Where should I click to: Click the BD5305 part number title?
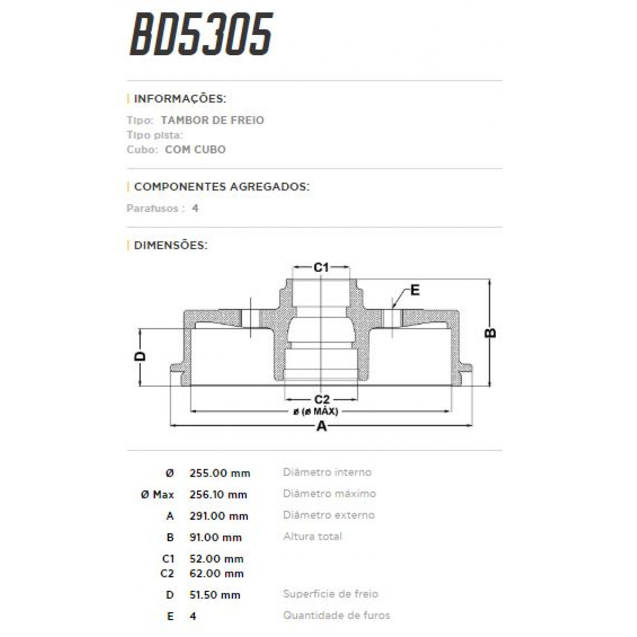click(201, 35)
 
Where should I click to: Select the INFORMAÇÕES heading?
click(179, 99)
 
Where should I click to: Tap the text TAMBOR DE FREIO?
click(212, 120)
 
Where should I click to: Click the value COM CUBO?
click(195, 150)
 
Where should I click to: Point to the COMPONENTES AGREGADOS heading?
click(221, 187)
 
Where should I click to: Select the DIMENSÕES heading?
click(170, 245)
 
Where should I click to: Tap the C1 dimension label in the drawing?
click(321, 268)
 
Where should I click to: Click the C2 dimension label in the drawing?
click(322, 399)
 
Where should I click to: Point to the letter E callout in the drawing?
click(415, 290)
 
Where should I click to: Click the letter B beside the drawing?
click(491, 333)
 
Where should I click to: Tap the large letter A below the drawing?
click(321, 426)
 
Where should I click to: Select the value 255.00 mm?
click(219, 473)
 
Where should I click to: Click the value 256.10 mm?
click(218, 495)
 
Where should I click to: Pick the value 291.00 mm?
click(218, 516)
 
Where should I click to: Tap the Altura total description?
click(312, 537)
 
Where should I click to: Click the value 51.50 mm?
click(214, 595)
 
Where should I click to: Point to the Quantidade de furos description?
click(337, 616)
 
